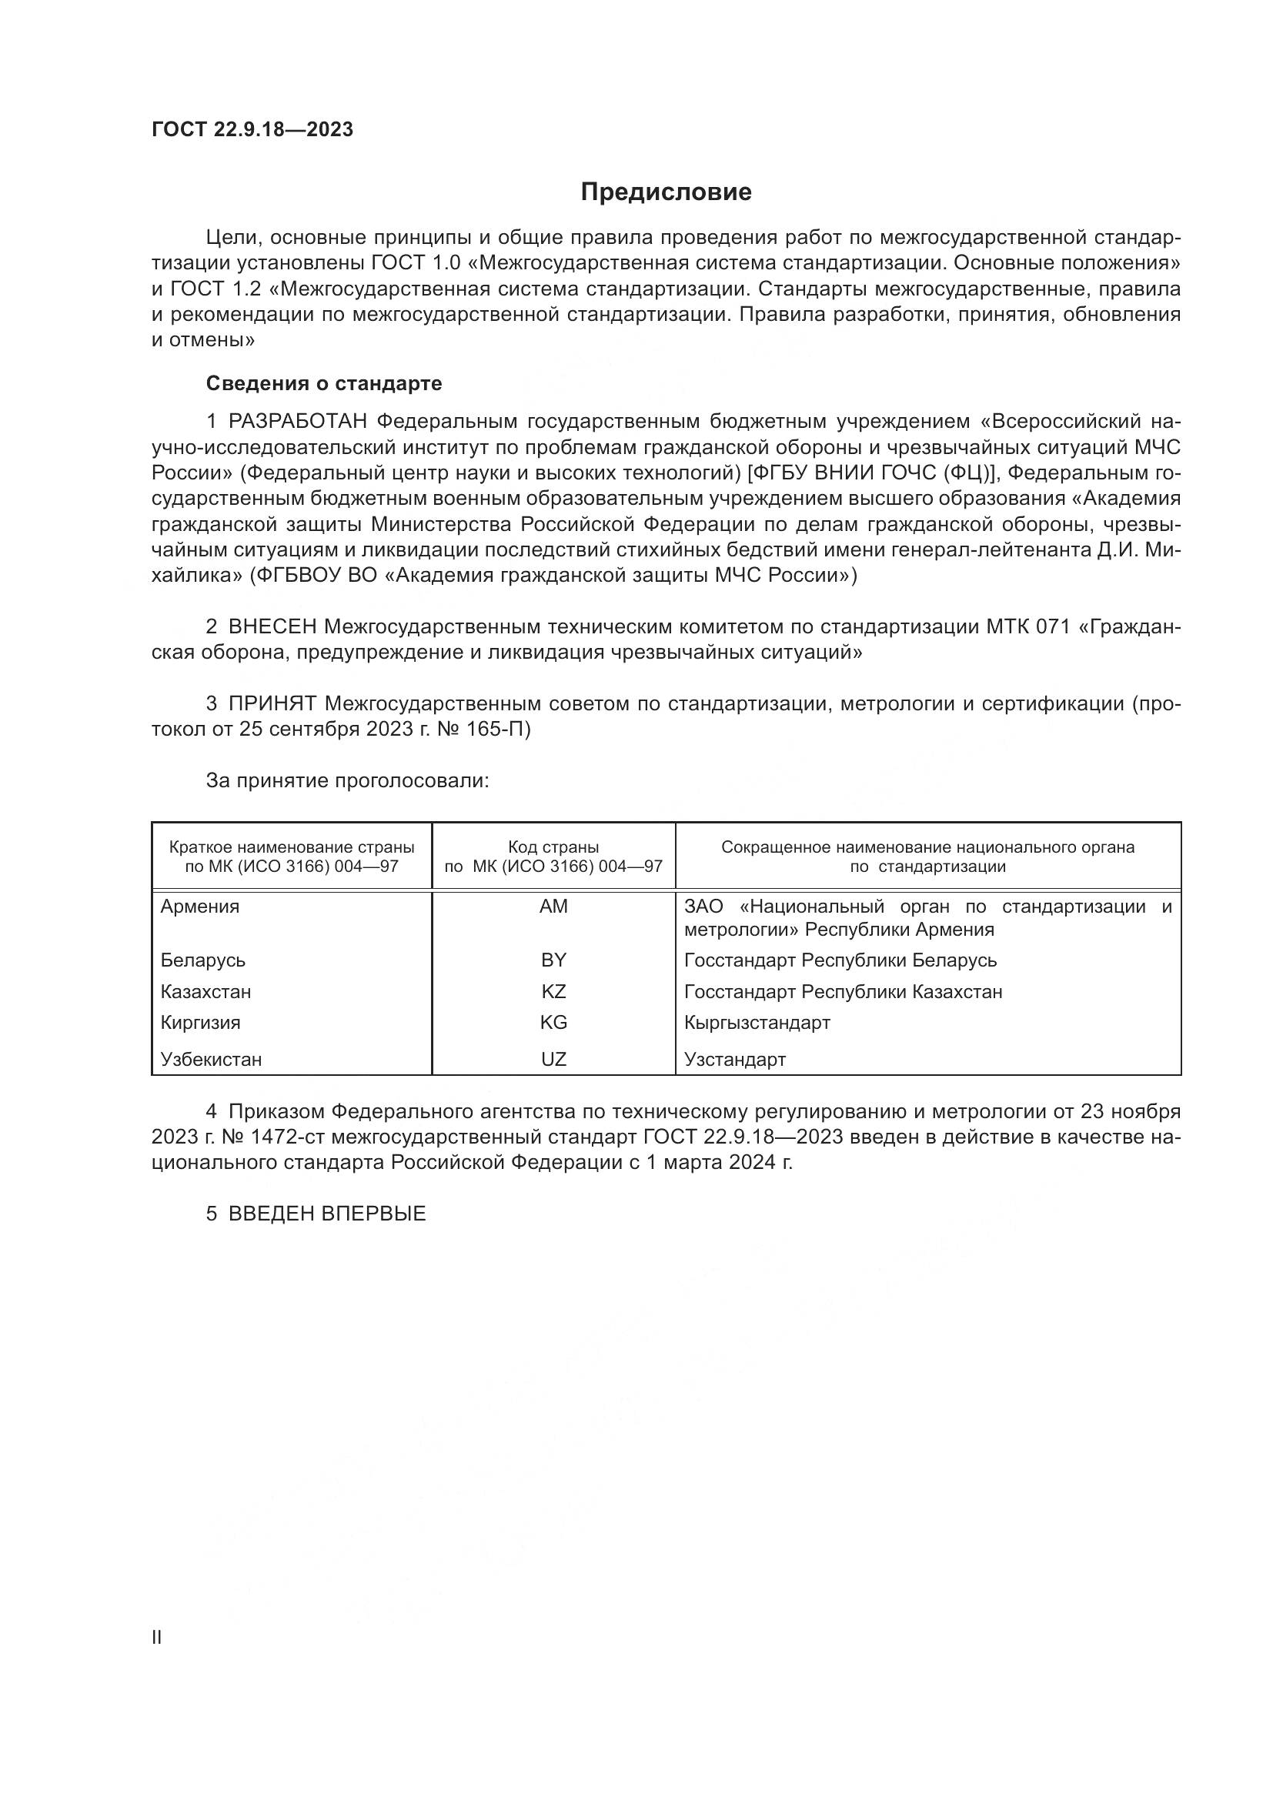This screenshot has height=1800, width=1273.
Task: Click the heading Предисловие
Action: (666, 192)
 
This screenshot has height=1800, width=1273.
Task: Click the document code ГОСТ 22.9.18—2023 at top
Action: (252, 129)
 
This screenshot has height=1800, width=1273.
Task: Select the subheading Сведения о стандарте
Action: (324, 383)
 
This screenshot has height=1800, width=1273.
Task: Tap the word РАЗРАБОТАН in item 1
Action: (297, 422)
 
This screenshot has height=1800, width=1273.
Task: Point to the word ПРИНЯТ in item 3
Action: (272, 703)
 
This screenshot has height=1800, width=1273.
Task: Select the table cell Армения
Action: (200, 907)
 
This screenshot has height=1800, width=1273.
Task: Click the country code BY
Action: (553, 960)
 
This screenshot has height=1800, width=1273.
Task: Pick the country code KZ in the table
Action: (553, 992)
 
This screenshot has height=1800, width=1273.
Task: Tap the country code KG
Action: (553, 1022)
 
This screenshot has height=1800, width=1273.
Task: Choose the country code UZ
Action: (553, 1059)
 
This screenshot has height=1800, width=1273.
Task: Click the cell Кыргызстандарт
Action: (757, 1022)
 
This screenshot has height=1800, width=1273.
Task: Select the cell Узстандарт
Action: (734, 1059)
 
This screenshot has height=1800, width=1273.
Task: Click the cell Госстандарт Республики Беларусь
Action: (840, 960)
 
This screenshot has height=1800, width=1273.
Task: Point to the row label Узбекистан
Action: (211, 1059)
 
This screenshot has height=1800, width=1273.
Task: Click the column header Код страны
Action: (553, 847)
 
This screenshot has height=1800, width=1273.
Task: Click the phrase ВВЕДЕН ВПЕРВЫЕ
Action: (327, 1214)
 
